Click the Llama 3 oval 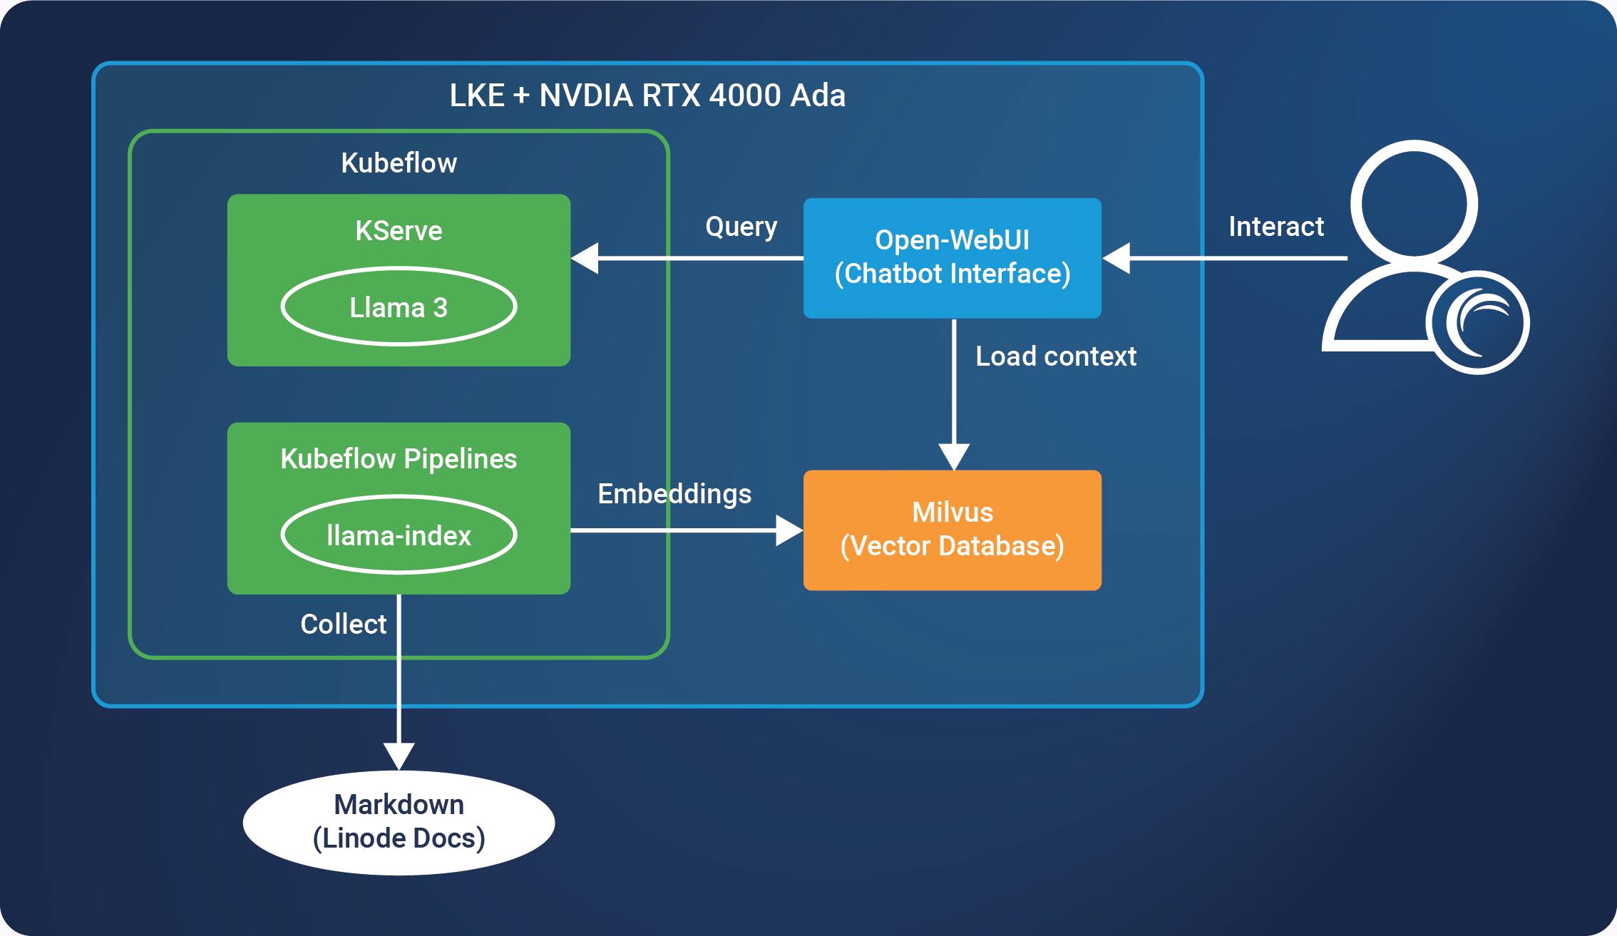point(399,307)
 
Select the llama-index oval point(399,535)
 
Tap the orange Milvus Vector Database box point(952,530)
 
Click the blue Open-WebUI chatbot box point(952,257)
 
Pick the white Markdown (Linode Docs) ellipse point(399,822)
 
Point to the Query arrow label point(741,227)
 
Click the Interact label point(1275,227)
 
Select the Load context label point(1055,356)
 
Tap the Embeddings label point(674,494)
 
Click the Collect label point(343,624)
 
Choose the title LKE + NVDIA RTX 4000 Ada point(647,96)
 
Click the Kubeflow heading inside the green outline point(399,163)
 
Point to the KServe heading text point(399,231)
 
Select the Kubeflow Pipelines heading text point(399,459)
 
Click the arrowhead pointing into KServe point(585,258)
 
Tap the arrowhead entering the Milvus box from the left point(789,530)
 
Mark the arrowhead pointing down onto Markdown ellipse point(399,756)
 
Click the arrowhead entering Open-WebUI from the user point(1116,258)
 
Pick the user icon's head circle point(1414,203)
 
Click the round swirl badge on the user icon point(1477,322)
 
